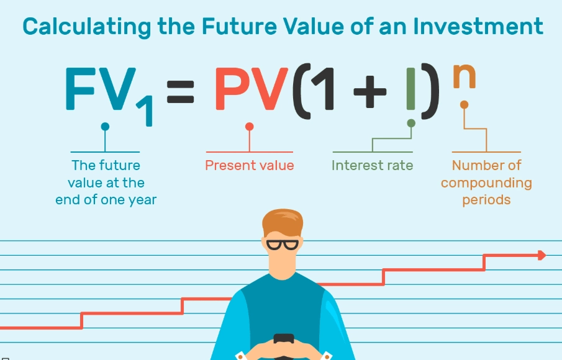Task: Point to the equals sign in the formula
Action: click(x=181, y=95)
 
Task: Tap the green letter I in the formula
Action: click(x=410, y=93)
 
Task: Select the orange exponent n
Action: click(x=465, y=77)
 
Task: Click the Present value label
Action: click(x=250, y=166)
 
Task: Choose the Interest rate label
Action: click(x=372, y=166)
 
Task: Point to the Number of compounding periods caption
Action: click(x=486, y=182)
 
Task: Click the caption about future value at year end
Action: click(x=106, y=182)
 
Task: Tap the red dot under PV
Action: click(x=250, y=127)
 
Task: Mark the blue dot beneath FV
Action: click(x=105, y=127)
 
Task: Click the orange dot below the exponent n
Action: click(x=464, y=105)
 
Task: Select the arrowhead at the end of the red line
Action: click(x=542, y=254)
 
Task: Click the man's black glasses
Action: click(x=282, y=243)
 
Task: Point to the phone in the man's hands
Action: click(x=283, y=339)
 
